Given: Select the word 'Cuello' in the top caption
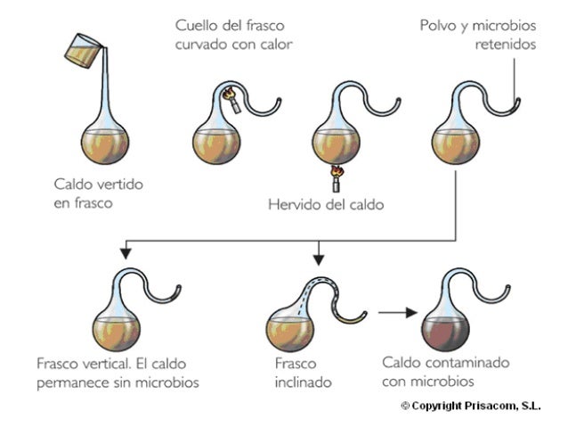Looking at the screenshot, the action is pos(194,24).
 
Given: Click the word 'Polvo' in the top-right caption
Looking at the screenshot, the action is pos(437,24).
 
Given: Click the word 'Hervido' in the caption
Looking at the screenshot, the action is pos(294,204).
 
